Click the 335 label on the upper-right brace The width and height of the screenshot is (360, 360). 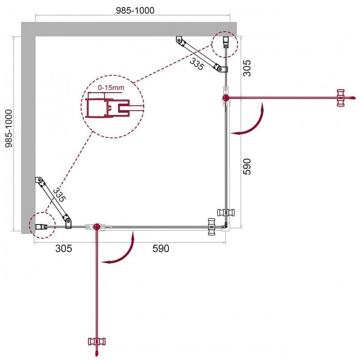196,64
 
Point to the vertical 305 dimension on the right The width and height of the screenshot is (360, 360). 248,68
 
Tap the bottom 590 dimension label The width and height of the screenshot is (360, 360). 161,249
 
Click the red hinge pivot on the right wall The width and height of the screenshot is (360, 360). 225,98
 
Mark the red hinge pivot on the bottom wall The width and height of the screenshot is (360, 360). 97,227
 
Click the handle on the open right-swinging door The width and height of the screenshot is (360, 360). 342,98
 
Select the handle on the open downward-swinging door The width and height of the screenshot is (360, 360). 97,342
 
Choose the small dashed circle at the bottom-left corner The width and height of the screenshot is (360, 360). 41,225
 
